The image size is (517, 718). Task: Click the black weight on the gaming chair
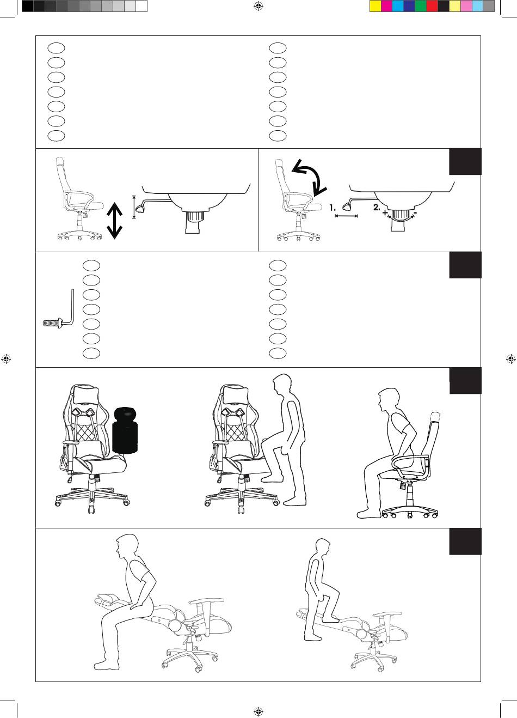point(125,430)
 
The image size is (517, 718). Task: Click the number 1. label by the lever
point(333,208)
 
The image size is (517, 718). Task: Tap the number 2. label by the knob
point(377,208)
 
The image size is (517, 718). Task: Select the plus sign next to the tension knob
point(385,212)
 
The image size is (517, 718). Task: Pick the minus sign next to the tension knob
point(415,212)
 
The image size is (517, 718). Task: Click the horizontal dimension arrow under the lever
point(346,216)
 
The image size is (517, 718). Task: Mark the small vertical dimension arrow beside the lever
point(134,207)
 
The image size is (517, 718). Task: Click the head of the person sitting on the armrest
point(389,401)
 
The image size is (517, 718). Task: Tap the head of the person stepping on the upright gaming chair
point(282,386)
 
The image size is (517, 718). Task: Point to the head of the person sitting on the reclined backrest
point(127,547)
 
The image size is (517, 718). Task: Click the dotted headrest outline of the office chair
point(435,417)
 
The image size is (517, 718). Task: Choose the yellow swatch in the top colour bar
point(376,6)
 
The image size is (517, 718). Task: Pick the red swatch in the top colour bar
point(432,6)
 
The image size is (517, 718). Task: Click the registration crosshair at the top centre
point(258,6)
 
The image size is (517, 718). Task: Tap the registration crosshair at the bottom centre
point(258,711)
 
